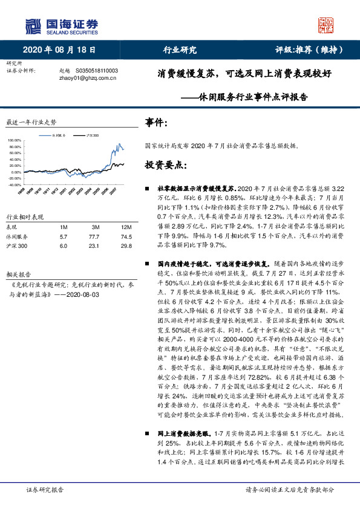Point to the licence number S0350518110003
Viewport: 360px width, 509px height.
(97, 71)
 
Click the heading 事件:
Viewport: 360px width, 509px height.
(157, 123)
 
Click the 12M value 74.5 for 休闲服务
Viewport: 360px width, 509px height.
(126, 236)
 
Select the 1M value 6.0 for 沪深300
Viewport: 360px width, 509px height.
(64, 247)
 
